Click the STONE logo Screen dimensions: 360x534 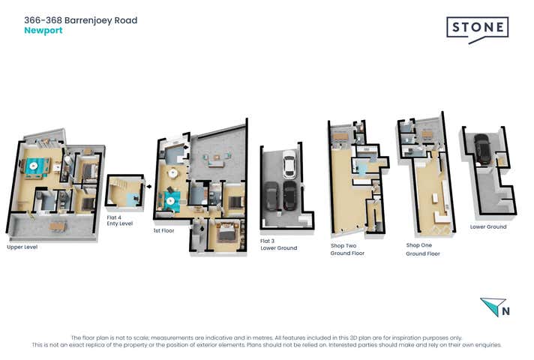tap(477, 28)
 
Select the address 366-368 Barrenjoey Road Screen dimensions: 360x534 tap(80, 20)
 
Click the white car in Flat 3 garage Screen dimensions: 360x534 tap(288, 163)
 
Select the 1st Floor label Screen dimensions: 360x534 tap(163, 230)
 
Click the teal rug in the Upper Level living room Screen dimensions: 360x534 tap(34, 166)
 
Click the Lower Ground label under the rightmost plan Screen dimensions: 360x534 tap(488, 226)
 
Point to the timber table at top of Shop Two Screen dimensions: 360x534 tap(340, 136)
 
